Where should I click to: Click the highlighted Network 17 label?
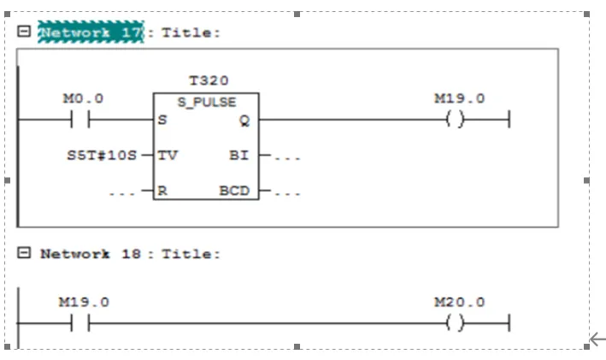point(91,32)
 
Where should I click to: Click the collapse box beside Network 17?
point(24,32)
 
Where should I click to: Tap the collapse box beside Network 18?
point(24,253)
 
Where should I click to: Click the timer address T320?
point(209,81)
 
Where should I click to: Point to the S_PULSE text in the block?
point(206,102)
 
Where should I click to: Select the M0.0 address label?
point(84,99)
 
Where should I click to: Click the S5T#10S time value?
point(101,156)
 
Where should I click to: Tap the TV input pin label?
point(167,156)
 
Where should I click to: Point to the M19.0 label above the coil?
point(459,99)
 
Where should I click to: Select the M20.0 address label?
point(459,303)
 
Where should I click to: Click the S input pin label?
point(162,121)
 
